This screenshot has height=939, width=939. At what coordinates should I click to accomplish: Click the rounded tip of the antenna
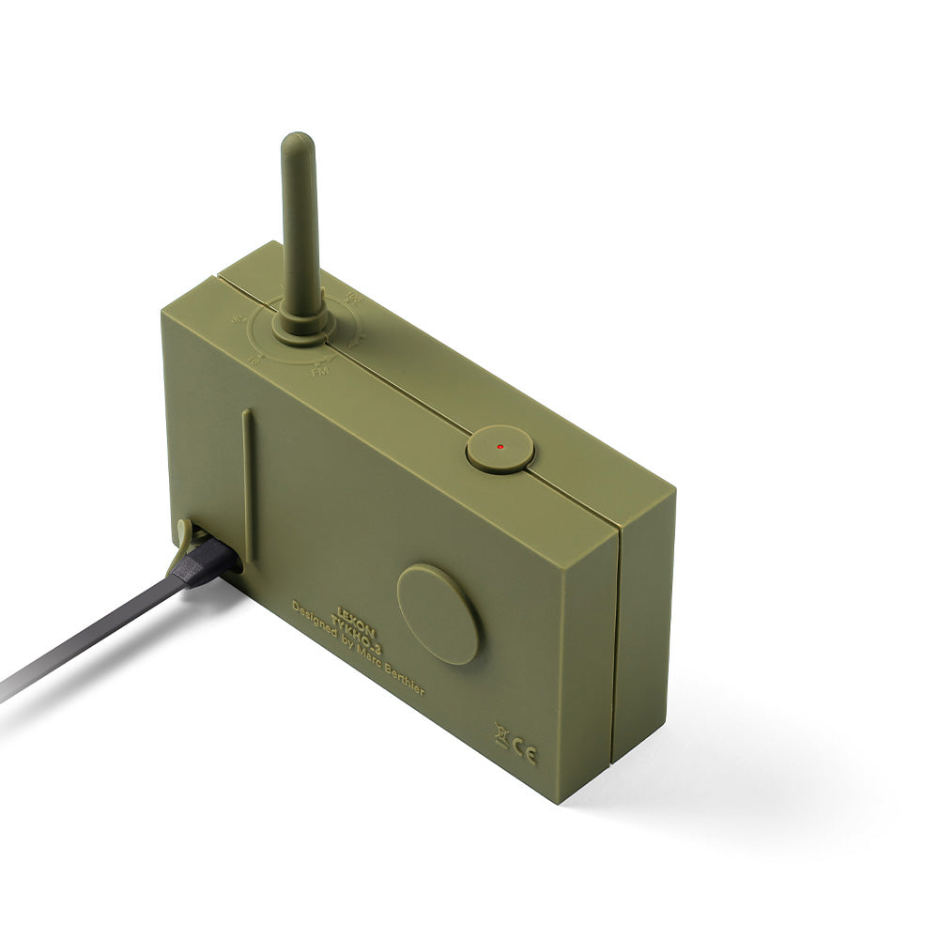(x=297, y=144)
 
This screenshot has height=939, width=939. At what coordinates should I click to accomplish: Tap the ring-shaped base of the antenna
(x=300, y=325)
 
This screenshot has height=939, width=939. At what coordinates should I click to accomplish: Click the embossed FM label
(x=319, y=372)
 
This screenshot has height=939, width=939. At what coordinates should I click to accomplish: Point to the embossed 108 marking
(x=354, y=300)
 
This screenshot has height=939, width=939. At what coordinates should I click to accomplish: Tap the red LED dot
(x=500, y=447)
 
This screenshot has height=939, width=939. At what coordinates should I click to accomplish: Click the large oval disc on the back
(x=439, y=615)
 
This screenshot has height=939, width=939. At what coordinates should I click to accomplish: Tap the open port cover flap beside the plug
(x=185, y=533)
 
